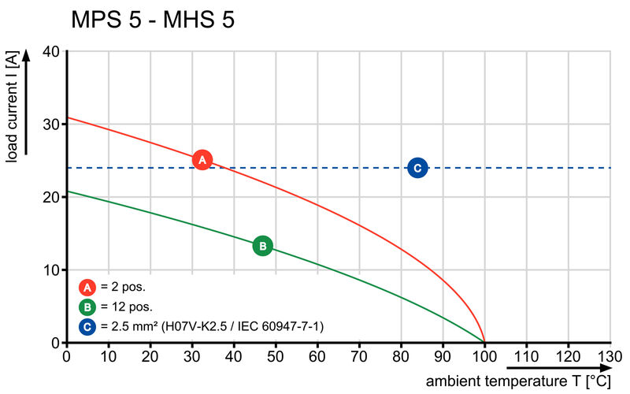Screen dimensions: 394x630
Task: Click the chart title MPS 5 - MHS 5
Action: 152,20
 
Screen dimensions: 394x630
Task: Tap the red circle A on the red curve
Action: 202,160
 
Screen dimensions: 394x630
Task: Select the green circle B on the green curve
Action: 263,246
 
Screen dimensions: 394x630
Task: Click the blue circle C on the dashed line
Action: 417,167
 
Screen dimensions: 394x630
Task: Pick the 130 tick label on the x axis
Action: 610,356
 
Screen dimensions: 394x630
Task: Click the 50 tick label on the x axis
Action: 276,356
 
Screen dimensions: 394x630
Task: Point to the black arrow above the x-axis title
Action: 558,368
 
